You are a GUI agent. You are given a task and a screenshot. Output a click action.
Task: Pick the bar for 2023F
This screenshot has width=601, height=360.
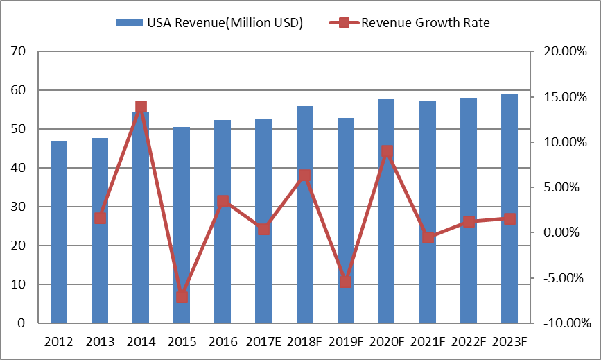(x=509, y=209)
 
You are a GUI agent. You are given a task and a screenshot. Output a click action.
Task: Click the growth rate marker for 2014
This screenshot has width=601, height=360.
(x=141, y=108)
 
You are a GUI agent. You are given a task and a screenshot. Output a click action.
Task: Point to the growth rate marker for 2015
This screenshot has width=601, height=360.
(x=182, y=298)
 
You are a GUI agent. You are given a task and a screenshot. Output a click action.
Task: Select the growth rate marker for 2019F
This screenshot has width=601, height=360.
(x=346, y=282)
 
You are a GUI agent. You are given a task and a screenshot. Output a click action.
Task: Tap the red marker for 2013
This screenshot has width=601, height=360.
(x=100, y=218)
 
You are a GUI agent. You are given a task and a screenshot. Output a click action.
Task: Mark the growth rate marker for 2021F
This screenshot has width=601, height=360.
(x=428, y=237)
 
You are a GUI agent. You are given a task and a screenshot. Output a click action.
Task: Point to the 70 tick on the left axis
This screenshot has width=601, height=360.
(x=19, y=51)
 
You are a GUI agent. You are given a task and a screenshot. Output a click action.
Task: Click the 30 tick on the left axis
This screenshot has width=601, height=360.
(x=19, y=207)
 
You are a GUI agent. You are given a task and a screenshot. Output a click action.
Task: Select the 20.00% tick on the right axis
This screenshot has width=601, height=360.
(x=562, y=51)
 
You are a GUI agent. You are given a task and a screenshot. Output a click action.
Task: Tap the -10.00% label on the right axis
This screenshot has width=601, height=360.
(x=562, y=323)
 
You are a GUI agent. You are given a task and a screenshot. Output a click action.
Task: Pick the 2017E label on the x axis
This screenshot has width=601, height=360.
(x=263, y=341)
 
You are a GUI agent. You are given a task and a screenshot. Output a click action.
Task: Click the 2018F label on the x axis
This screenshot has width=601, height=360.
(x=304, y=341)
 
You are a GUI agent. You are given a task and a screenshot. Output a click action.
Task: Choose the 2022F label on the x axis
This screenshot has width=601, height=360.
(x=469, y=341)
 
